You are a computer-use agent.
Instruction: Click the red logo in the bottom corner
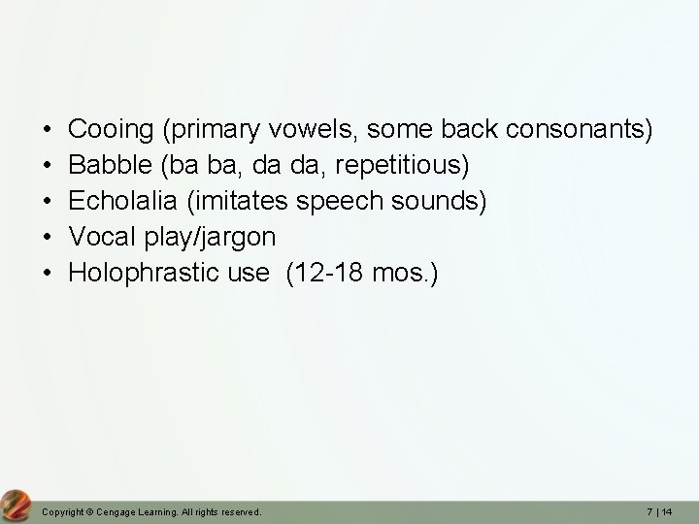click(16, 505)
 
